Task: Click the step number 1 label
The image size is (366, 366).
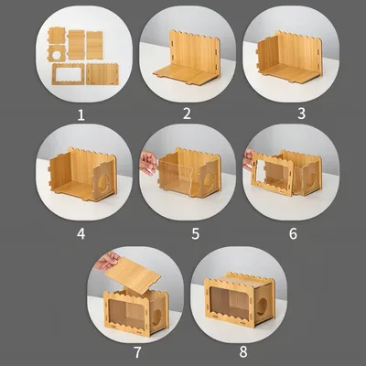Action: [81, 115]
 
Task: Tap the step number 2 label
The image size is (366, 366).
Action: [187, 113]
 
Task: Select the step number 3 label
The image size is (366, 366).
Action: [301, 113]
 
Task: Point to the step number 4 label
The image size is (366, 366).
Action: [81, 234]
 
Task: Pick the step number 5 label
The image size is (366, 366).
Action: [196, 234]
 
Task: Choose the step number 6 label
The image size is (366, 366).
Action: [293, 234]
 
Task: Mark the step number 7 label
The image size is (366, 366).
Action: [137, 352]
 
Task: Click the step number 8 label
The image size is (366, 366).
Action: [243, 352]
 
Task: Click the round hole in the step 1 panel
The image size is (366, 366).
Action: [57, 55]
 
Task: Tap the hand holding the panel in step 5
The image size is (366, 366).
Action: [148, 163]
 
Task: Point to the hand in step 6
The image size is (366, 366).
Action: [248, 159]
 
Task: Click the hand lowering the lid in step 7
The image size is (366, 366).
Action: [108, 261]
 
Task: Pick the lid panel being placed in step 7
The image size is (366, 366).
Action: [133, 272]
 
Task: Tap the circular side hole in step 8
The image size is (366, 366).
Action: [263, 306]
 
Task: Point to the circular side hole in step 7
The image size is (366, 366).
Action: [156, 318]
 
